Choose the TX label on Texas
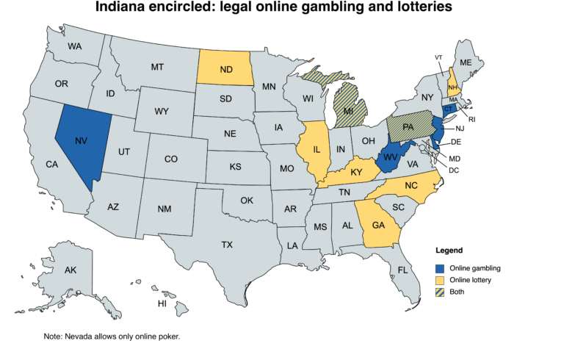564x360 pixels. point(227,244)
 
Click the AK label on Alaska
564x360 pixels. point(70,271)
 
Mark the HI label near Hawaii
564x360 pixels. point(162,303)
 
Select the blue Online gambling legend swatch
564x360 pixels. point(440,267)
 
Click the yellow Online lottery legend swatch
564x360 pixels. point(440,280)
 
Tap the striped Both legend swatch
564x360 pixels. point(440,292)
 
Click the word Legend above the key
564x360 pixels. point(449,251)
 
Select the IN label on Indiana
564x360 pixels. point(341,149)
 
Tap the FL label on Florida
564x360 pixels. point(402,270)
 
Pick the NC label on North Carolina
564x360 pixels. point(413,186)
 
